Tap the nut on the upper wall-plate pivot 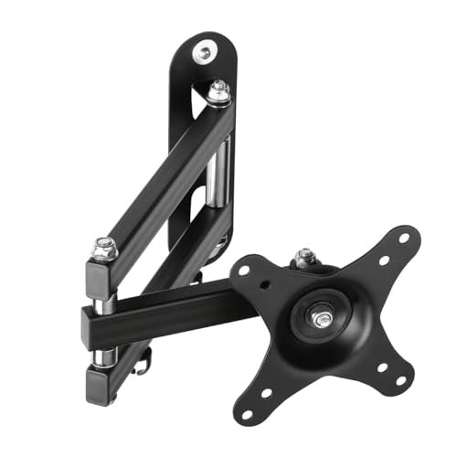[218, 91]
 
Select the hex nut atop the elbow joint [106, 246]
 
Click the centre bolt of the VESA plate [324, 320]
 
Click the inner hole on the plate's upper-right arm [381, 260]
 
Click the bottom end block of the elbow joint [104, 377]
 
